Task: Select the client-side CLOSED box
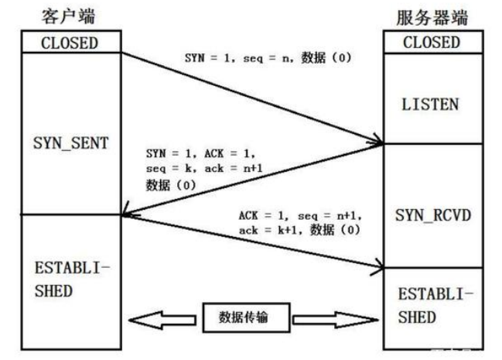[x=70, y=43]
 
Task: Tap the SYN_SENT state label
[x=70, y=144]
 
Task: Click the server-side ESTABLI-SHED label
[x=431, y=305]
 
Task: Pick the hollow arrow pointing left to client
[x=163, y=317]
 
